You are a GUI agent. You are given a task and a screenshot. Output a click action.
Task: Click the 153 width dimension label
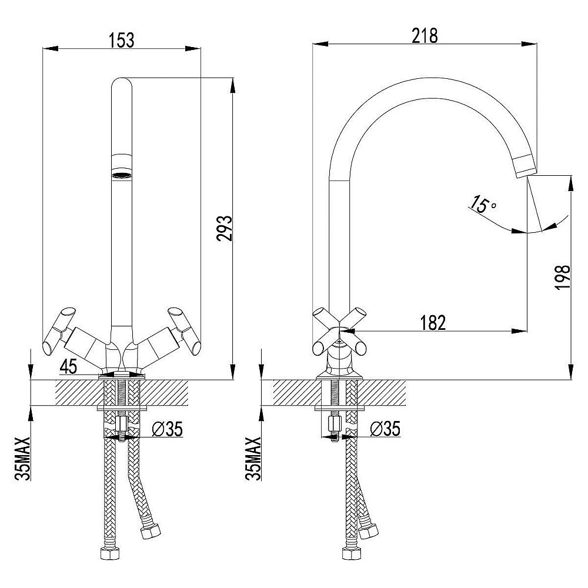click(121, 41)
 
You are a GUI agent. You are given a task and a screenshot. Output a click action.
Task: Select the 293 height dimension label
click(224, 228)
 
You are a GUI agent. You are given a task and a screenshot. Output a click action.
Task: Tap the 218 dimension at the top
click(425, 36)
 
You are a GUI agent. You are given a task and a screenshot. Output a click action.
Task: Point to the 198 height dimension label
click(562, 277)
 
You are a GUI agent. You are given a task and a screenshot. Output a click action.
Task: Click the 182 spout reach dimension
click(433, 322)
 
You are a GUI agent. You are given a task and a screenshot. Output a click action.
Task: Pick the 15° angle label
click(483, 205)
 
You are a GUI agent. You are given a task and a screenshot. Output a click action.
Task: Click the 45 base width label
click(68, 366)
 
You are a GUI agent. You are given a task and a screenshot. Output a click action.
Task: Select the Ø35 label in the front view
click(167, 429)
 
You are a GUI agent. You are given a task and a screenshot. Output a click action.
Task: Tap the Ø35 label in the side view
click(385, 429)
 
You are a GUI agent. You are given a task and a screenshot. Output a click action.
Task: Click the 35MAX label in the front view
click(22, 459)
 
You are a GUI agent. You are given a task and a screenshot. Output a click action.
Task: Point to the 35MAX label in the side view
click(253, 459)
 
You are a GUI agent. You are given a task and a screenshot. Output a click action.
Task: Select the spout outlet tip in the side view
click(526, 172)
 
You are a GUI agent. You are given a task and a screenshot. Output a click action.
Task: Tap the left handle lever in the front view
click(59, 331)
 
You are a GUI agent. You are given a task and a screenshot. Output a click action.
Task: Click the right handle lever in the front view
click(184, 331)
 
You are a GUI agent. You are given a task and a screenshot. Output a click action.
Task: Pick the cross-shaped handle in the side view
click(339, 331)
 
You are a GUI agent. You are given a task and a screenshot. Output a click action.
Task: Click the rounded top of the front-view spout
click(122, 84)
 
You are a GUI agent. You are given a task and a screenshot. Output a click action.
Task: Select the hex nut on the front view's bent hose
click(150, 532)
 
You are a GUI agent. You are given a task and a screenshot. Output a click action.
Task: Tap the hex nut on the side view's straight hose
click(352, 553)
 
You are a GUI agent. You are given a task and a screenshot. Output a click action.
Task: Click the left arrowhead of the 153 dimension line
click(51, 48)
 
